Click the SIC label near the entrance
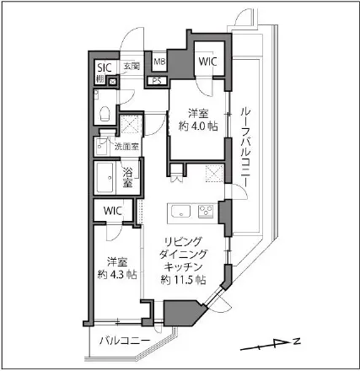point(104,67)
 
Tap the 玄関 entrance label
point(132,66)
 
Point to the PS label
point(156,82)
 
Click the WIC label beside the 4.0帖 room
point(207,61)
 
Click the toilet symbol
point(103,112)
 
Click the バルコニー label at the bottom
point(123,341)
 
